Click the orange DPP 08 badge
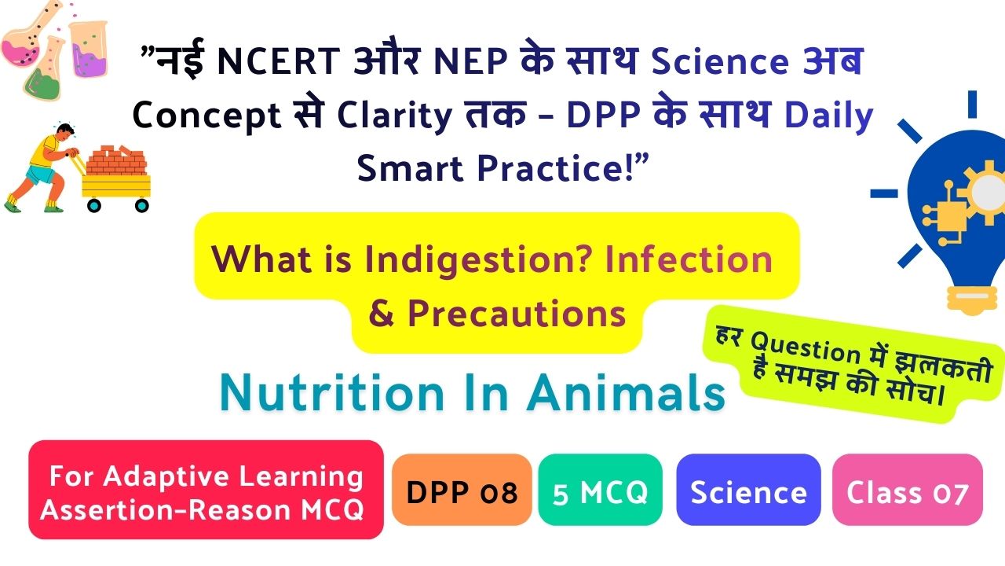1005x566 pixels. [x=462, y=490]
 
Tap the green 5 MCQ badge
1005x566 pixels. [x=601, y=490]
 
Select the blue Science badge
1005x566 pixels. [x=748, y=490]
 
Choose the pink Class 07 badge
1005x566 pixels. [x=907, y=490]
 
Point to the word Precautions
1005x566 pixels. [x=517, y=314]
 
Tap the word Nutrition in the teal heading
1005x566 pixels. [x=332, y=393]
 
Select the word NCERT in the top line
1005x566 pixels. [x=279, y=61]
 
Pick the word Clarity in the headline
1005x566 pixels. [x=395, y=116]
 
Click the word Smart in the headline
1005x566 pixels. [x=410, y=168]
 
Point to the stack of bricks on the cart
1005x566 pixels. [x=116, y=160]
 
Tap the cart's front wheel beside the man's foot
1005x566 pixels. [x=93, y=206]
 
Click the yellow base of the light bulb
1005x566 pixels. [x=971, y=300]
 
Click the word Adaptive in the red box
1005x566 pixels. [x=167, y=476]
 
